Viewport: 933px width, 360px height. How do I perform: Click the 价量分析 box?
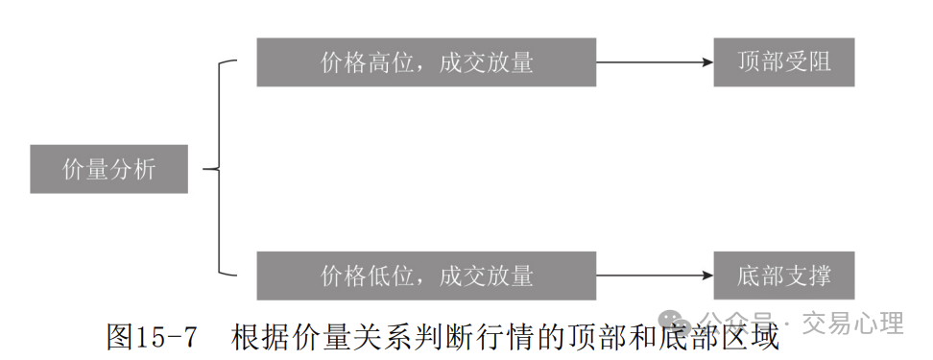coord(108,169)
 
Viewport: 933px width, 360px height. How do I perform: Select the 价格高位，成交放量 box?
coord(426,62)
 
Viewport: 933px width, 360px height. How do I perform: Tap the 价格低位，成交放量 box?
coord(426,276)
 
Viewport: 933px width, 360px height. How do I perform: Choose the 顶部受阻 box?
coord(783,62)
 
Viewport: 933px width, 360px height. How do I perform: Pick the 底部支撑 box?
coord(783,276)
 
